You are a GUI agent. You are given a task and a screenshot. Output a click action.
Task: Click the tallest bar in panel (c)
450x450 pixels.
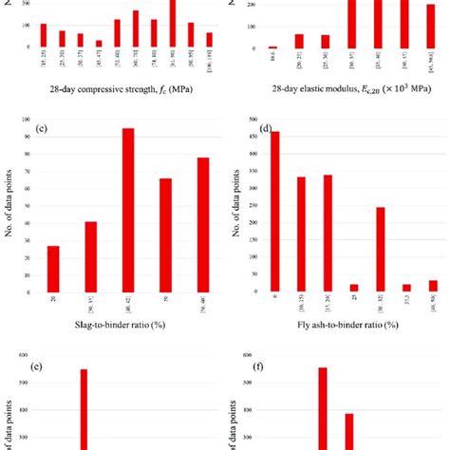[x=127, y=209]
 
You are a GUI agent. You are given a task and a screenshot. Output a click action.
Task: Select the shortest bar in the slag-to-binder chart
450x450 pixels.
[x=53, y=269]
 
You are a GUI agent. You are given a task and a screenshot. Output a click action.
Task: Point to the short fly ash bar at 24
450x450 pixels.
[x=354, y=286]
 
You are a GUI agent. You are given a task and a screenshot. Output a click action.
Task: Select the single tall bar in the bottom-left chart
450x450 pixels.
[x=84, y=409]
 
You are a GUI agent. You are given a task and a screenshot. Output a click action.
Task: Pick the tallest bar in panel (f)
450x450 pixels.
[x=323, y=408]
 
